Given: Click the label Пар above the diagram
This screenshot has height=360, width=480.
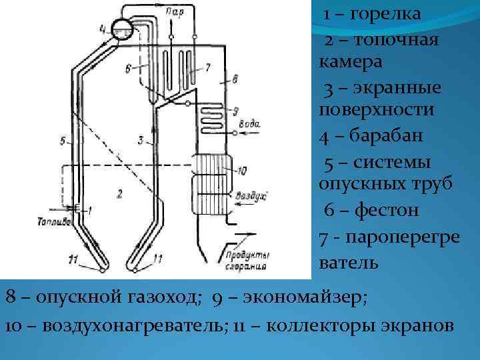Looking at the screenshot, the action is coord(175,11).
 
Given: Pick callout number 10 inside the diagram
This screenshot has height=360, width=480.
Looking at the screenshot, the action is coord(241,171).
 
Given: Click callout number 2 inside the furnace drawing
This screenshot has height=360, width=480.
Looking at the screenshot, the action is coord(119,194).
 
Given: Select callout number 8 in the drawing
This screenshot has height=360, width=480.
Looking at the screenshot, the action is coord(233,80).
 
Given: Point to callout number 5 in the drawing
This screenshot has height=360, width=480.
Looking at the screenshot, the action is coord(62,141).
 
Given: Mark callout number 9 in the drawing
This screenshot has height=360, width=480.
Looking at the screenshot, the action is coord(235,109).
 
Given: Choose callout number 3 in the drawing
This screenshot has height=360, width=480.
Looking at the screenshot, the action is coord(141,139).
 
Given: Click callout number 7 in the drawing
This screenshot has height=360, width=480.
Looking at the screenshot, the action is coord(208,67).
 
